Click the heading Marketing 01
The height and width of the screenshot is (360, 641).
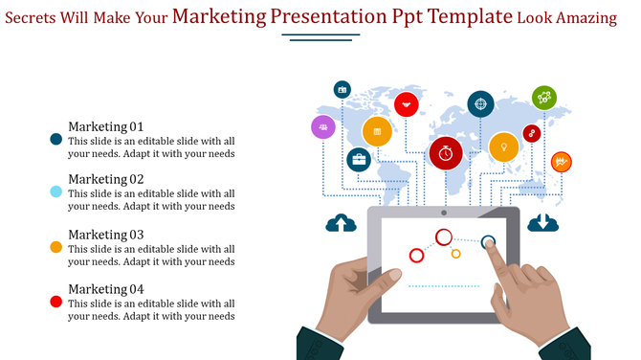point(105,126)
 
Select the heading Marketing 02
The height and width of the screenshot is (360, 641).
point(105,179)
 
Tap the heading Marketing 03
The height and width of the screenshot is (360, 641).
point(105,235)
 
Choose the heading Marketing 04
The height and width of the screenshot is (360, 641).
point(105,289)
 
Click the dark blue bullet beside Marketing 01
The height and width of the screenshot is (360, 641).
point(55,140)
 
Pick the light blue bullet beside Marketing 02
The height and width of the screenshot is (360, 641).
point(55,192)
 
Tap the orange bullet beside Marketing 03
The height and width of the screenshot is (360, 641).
point(55,247)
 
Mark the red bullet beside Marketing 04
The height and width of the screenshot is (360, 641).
point(55,302)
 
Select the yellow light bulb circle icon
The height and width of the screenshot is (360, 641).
point(503,146)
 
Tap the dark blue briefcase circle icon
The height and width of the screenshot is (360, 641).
point(359,160)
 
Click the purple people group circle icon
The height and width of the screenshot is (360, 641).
point(323,126)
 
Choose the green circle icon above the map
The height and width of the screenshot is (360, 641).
point(544,97)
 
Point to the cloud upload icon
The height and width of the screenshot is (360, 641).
point(341,223)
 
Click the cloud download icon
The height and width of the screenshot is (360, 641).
point(542,222)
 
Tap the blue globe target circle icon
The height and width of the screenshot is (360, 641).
point(480,103)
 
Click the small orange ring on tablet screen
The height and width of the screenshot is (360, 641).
point(456,254)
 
